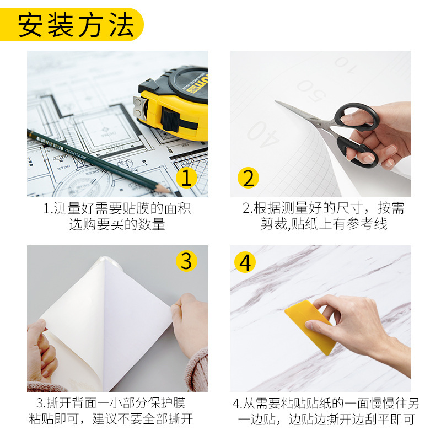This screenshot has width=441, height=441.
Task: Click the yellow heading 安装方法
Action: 76,25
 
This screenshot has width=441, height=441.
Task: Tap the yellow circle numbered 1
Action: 186,178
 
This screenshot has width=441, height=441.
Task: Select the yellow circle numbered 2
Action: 248,178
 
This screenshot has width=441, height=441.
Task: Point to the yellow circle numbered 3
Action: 186,261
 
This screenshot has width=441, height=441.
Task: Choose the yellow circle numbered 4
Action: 245,262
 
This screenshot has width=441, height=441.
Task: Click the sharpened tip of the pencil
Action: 170,192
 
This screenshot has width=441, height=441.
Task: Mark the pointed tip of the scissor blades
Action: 276,101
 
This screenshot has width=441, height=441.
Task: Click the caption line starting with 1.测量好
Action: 117,208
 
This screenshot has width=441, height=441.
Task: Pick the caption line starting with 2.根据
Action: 324,208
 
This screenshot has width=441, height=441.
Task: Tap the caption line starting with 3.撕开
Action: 111,403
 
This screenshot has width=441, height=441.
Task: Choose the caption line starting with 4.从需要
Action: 326,404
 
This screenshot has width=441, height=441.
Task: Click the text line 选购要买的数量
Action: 117,224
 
